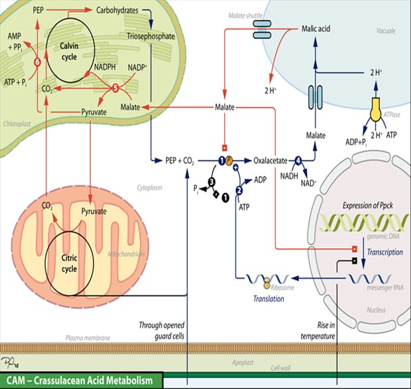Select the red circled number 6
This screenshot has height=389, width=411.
(x=37, y=62)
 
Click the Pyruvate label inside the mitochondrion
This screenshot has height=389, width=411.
(x=93, y=210)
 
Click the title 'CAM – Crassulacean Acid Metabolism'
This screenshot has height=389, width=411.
(x=81, y=381)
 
